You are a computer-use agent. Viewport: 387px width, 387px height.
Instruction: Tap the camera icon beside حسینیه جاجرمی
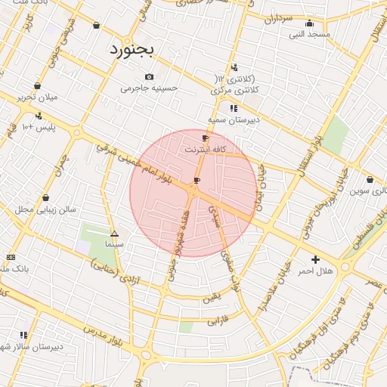click(x=149, y=76)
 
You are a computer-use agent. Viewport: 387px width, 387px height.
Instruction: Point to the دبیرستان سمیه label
click(x=234, y=119)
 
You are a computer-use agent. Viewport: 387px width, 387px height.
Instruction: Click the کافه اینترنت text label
click(x=206, y=150)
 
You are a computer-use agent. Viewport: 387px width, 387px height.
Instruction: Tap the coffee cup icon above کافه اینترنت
click(x=205, y=138)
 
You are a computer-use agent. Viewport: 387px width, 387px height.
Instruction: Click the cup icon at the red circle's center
click(x=197, y=180)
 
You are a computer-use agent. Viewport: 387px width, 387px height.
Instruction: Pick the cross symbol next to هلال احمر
click(x=305, y=259)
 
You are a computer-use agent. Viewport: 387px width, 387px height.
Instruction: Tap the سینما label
click(x=114, y=245)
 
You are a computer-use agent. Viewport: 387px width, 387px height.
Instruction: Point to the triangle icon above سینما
click(x=114, y=234)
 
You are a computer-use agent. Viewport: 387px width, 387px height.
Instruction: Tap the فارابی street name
click(x=217, y=320)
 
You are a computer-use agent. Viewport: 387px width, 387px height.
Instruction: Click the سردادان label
click(x=277, y=17)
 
